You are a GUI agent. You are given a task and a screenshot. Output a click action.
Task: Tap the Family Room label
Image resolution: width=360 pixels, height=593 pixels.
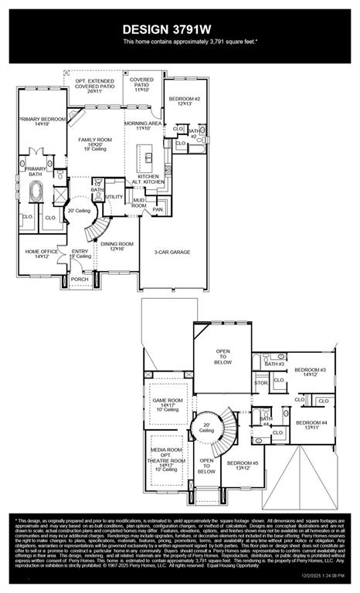coord(95,140)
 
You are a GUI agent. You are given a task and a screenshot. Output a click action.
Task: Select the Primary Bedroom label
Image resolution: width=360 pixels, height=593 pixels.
coord(39,120)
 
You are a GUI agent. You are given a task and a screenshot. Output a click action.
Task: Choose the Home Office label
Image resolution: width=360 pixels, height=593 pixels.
coord(41,252)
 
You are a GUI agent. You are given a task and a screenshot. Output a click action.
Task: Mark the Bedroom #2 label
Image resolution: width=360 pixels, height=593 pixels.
coord(185,99)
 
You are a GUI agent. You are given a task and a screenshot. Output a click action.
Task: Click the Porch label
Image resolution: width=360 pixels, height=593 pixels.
coord(80,279)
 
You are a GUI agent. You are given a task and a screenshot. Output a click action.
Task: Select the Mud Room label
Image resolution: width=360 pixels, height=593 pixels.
coord(139,203)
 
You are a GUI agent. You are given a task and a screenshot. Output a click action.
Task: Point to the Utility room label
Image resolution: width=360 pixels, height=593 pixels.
coord(114,197)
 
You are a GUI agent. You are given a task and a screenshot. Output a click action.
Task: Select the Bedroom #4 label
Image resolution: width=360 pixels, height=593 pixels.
coord(312,423)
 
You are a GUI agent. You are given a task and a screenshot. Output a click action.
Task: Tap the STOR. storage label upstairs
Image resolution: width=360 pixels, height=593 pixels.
coord(261,382)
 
